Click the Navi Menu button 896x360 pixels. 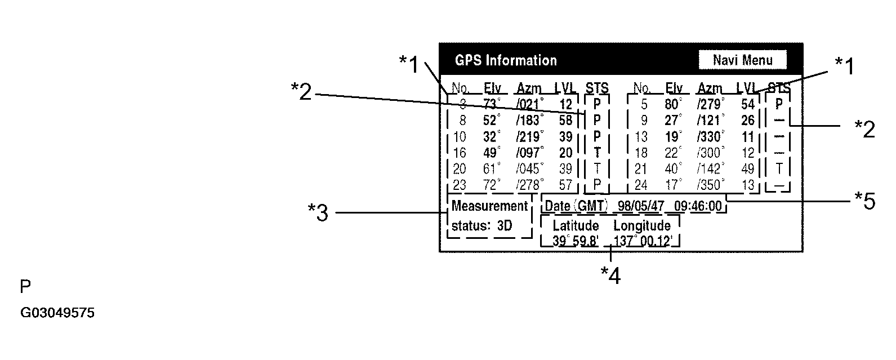742,60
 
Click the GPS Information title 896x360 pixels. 505,60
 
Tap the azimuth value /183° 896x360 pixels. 530,121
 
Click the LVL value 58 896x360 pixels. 565,121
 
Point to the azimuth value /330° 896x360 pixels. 710,137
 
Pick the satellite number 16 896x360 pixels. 460,153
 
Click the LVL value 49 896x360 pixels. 747,169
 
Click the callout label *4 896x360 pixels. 610,275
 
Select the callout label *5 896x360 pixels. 865,201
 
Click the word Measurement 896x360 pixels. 489,206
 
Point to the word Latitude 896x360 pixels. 575,226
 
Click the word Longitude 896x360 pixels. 641,226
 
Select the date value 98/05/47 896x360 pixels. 640,206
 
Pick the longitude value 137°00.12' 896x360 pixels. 643,241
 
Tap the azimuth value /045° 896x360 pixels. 530,169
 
